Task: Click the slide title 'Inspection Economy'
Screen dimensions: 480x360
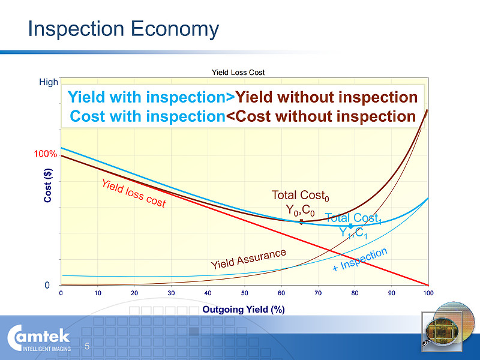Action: [x=124, y=29]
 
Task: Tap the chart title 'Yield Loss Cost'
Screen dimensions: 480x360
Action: [x=238, y=73]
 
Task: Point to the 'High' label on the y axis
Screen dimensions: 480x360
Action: [x=49, y=82]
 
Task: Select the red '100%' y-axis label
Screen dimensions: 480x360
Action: [x=46, y=154]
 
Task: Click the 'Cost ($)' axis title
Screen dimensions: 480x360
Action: [x=48, y=185]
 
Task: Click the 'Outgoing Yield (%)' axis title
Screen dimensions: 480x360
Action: [x=244, y=310]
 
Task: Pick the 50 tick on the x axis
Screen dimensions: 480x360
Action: [x=244, y=293]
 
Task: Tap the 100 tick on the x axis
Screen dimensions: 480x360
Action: [x=428, y=293]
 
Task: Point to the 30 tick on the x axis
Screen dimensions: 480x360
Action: [x=171, y=293]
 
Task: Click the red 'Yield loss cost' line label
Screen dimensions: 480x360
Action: [x=133, y=193]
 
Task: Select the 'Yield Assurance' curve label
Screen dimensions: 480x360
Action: [x=248, y=259]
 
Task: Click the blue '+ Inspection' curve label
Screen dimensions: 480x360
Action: [x=360, y=259]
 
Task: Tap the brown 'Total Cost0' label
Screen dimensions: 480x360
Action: [x=301, y=196]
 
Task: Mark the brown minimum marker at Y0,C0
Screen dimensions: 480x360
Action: [x=301, y=222]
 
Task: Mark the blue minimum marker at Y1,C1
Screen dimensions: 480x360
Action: [x=351, y=226]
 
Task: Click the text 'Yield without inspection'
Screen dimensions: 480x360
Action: [x=326, y=97]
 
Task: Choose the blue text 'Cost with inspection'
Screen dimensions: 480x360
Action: [x=148, y=116]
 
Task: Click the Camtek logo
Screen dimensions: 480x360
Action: [x=39, y=338]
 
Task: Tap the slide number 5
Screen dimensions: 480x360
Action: [x=87, y=346]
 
